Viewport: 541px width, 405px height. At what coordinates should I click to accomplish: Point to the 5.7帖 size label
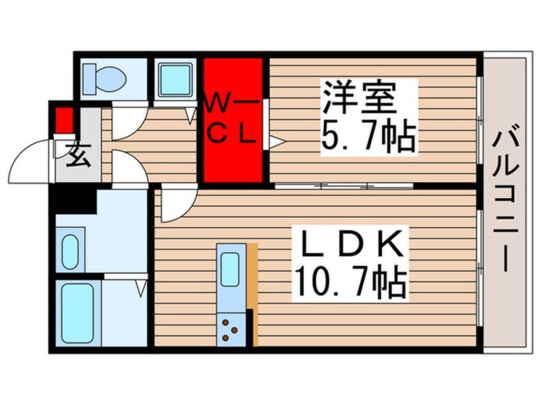(368, 136)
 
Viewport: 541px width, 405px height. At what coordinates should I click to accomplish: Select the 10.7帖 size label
(350, 281)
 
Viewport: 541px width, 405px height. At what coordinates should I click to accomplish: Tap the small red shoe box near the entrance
(63, 120)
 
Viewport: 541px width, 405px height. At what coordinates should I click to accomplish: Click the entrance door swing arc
(29, 160)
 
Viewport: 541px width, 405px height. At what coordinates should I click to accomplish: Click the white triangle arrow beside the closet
(276, 141)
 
